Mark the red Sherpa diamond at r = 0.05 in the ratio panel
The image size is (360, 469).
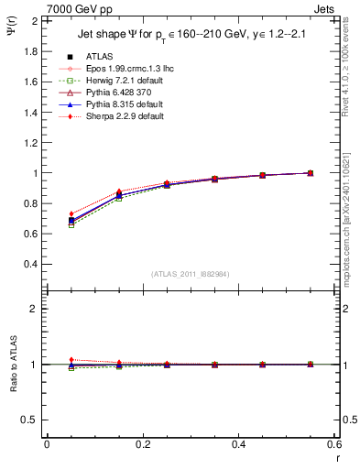pos(60,360)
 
